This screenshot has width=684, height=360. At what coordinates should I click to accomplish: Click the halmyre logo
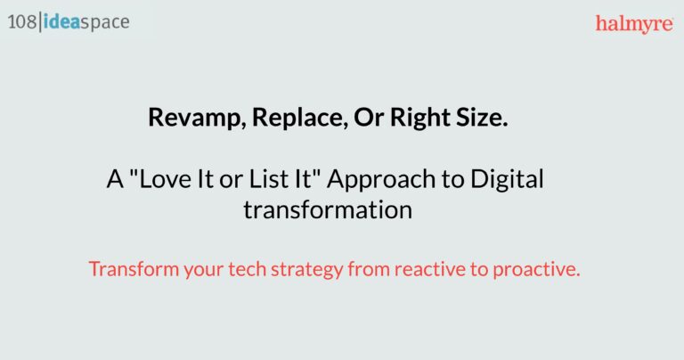(634, 24)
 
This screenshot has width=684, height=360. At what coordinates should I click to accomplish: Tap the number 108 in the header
(21, 21)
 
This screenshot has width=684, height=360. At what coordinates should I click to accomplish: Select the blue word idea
(61, 21)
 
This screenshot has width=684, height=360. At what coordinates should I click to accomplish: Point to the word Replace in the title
(300, 117)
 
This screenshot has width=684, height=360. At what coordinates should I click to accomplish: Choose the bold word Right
(420, 118)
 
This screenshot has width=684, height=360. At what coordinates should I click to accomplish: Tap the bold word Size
(482, 117)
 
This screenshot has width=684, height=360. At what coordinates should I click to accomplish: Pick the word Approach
(381, 180)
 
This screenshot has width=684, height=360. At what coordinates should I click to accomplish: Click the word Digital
(507, 180)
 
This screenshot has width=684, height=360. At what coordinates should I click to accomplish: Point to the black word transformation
(328, 210)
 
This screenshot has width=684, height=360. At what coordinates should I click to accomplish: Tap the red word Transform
(134, 269)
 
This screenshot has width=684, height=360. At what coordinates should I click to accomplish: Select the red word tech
(247, 269)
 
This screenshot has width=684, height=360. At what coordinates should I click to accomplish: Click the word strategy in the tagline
(307, 270)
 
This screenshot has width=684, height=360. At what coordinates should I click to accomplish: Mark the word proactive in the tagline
(536, 270)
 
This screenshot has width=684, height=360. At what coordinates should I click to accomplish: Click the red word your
(203, 271)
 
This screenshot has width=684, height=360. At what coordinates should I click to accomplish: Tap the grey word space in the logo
(105, 23)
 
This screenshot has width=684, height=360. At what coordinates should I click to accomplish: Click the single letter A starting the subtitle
(115, 179)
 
